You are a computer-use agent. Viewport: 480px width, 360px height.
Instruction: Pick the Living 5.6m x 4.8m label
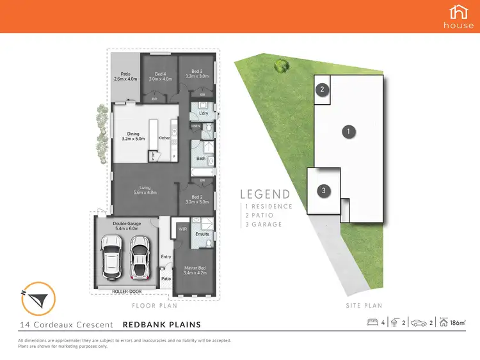coord(146,189)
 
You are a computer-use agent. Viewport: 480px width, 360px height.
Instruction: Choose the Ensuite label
coord(202,234)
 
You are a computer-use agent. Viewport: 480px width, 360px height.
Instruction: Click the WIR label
coord(182,228)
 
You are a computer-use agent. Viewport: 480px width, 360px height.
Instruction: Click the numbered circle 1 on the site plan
coord(348,132)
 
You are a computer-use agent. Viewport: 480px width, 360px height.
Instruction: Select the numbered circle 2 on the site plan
coord(323,90)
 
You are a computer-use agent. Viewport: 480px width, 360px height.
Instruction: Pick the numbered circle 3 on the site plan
coord(324,191)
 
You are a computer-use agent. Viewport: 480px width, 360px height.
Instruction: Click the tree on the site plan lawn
coord(279,64)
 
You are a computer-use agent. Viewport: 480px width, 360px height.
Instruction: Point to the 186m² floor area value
coord(458,323)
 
